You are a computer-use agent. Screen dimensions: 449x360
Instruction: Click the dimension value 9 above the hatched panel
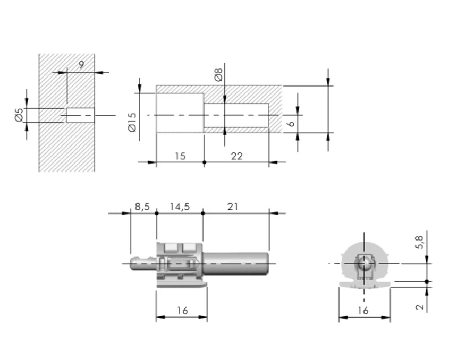pyautogui.click(x=82, y=65)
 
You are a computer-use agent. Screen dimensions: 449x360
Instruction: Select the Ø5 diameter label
pyautogui.click(x=19, y=115)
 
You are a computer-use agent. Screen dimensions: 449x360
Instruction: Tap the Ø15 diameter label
pyautogui.click(x=133, y=122)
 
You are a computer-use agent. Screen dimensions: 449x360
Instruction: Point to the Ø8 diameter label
pyautogui.click(x=218, y=75)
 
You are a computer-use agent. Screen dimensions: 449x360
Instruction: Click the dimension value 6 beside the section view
pyautogui.click(x=291, y=124)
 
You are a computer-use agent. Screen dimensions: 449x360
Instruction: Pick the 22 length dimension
pyautogui.click(x=237, y=156)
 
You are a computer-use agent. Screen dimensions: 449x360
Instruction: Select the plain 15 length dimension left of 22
pyautogui.click(x=180, y=156)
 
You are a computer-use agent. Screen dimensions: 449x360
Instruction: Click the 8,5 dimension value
pyautogui.click(x=142, y=207)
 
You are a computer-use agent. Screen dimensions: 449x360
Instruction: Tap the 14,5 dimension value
pyautogui.click(x=180, y=207)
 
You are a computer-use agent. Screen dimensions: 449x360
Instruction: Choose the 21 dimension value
pyautogui.click(x=233, y=207)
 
